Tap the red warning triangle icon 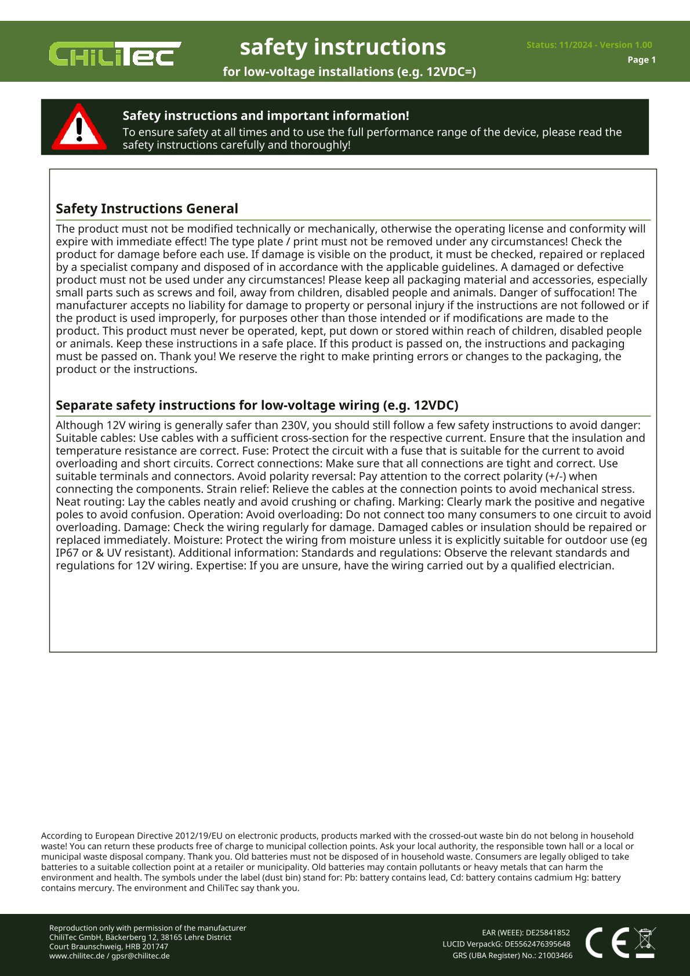pyautogui.click(x=79, y=128)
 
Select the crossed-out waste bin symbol pyautogui.click(x=645, y=942)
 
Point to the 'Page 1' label pyautogui.click(x=641, y=60)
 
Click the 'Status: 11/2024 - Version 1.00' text pyautogui.click(x=589, y=45)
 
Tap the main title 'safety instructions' pyautogui.click(x=343, y=47)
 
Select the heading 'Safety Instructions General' pyautogui.click(x=147, y=209)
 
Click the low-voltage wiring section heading pyautogui.click(x=257, y=405)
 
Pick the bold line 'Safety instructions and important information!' pyautogui.click(x=266, y=116)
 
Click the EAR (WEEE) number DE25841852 pyautogui.click(x=547, y=933)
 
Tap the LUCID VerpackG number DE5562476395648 pyautogui.click(x=537, y=944)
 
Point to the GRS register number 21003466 pyautogui.click(x=555, y=956)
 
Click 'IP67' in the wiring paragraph pyautogui.click(x=67, y=553)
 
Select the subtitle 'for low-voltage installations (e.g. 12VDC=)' pyautogui.click(x=349, y=72)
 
